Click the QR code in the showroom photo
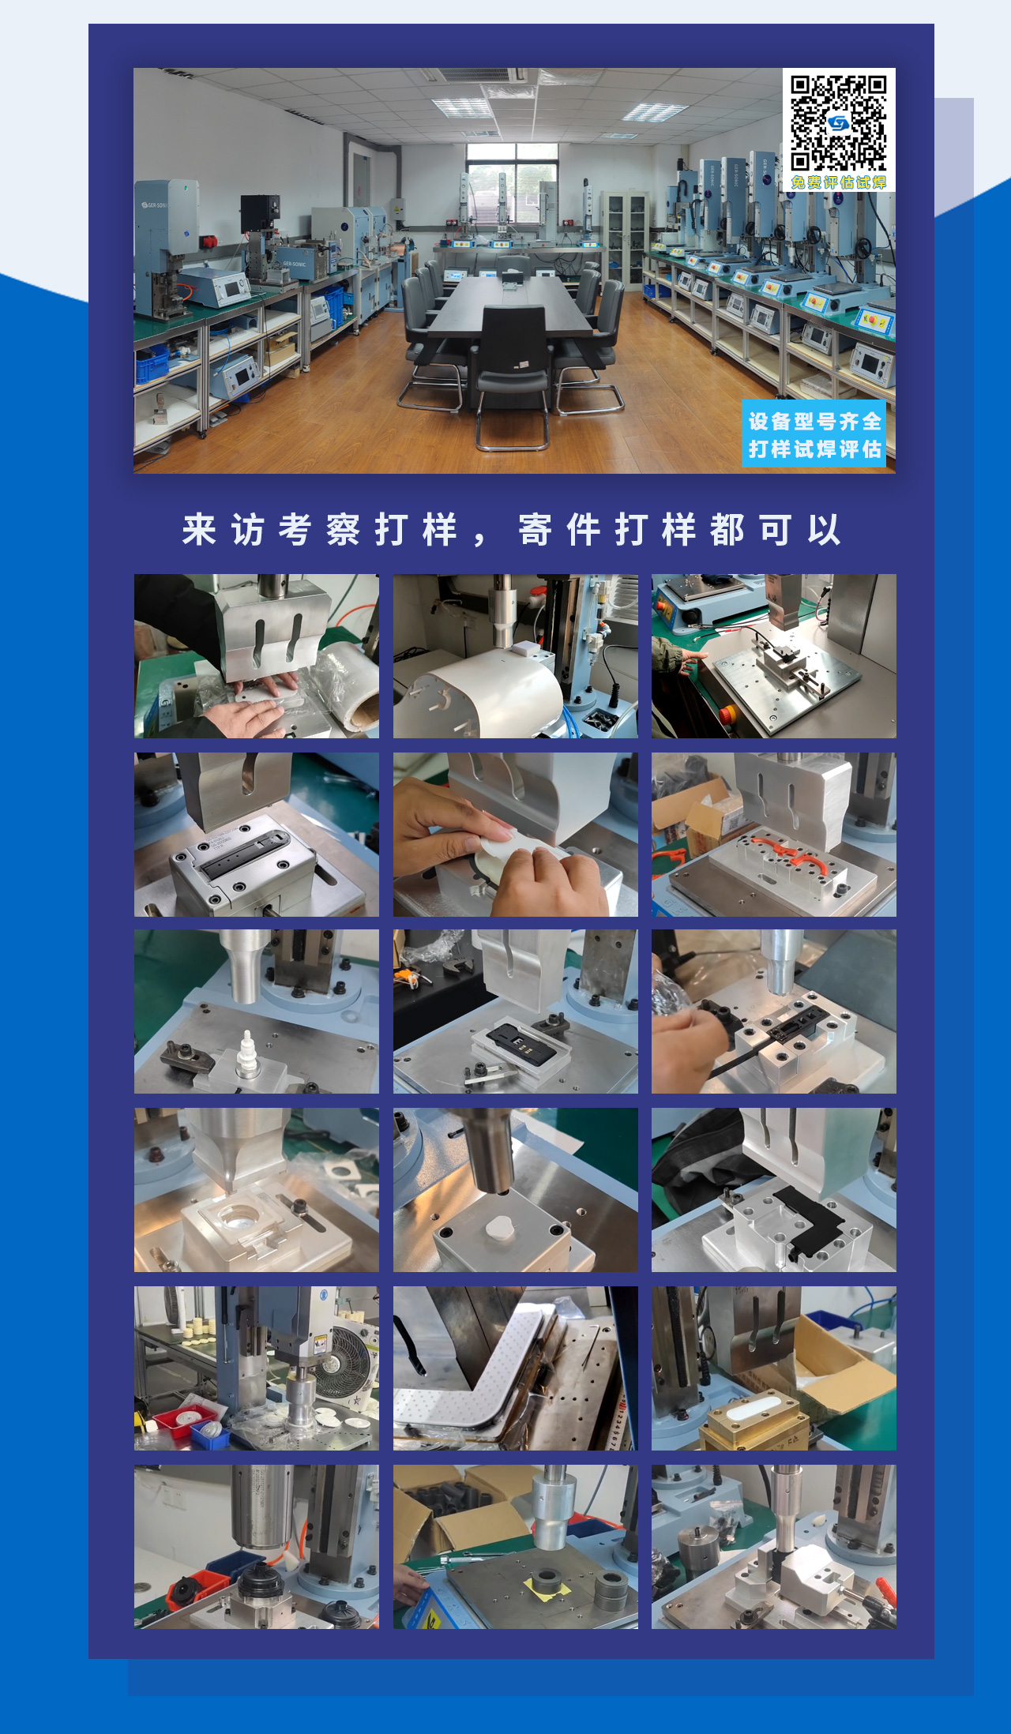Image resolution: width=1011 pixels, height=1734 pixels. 838,122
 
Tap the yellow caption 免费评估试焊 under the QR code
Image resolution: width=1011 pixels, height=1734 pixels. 838,182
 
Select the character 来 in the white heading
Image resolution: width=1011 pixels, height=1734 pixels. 199,529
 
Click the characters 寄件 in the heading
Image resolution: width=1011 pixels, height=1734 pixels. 558,529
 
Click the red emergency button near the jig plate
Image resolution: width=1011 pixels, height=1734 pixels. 725,715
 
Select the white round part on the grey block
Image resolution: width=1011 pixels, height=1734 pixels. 499,1228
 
